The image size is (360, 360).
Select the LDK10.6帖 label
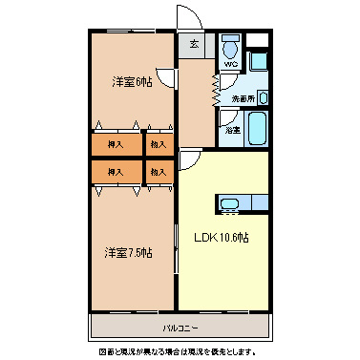click(222, 237)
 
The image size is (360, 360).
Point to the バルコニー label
click(180, 328)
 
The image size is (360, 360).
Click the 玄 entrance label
click(194, 44)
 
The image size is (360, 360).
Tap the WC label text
click(230, 64)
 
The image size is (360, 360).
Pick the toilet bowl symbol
click(229, 49)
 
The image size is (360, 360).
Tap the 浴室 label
click(232, 129)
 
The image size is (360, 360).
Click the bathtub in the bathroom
click(259, 126)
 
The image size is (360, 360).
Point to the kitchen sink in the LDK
click(229, 203)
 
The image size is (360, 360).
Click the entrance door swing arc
click(187, 21)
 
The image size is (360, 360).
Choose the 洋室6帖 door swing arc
click(168, 82)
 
